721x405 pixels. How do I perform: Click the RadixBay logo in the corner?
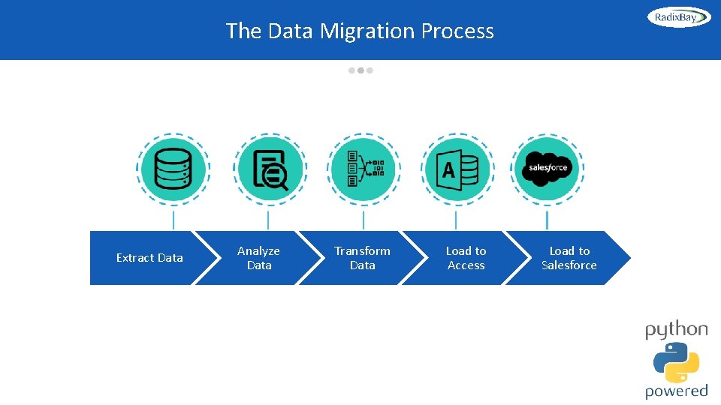[679, 17]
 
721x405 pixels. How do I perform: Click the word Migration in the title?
[367, 31]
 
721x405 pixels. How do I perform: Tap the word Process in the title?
[457, 31]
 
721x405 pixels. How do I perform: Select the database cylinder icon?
[173, 169]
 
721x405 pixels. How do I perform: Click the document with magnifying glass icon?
[270, 169]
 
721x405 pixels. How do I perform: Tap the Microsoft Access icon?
[458, 169]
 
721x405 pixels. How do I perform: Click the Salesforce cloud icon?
[548, 168]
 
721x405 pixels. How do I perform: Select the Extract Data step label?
[149, 258]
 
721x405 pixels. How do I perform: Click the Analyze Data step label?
[258, 258]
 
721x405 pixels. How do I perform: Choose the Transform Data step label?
[362, 258]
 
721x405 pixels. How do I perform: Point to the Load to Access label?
[466, 258]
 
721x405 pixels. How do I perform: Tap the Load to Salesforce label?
[569, 258]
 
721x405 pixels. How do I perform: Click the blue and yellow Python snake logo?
[676, 362]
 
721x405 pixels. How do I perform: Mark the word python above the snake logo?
[676, 331]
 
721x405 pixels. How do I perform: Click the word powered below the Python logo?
[676, 391]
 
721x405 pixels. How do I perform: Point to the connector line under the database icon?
[173, 220]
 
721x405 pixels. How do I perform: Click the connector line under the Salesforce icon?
[547, 220]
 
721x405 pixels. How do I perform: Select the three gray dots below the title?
[360, 70]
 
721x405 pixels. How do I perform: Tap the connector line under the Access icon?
[456, 220]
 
